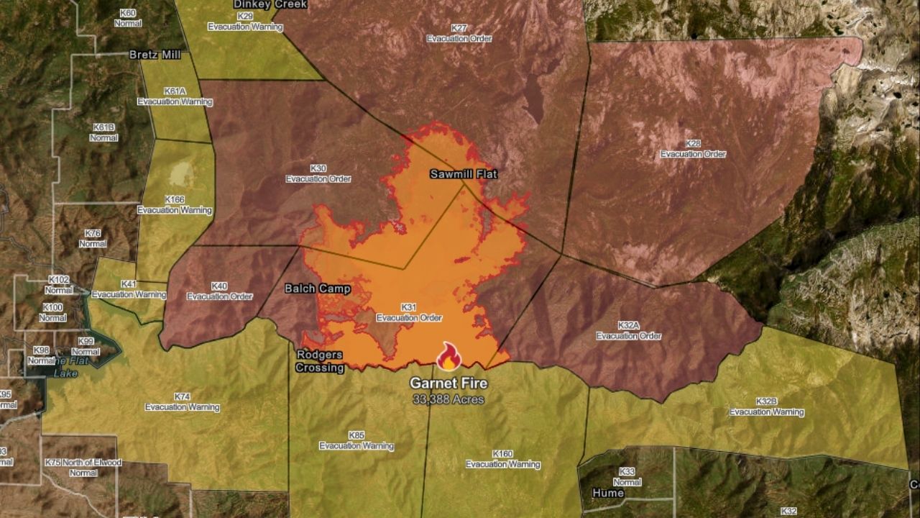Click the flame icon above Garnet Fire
(x=448, y=356)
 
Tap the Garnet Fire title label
(x=448, y=383)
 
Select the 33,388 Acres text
(x=448, y=399)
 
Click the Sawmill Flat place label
(x=464, y=174)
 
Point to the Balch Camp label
(x=318, y=288)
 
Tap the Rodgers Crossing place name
(x=320, y=361)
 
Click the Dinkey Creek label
(x=270, y=4)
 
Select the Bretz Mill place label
(x=155, y=55)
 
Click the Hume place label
(x=608, y=493)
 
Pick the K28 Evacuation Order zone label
(x=693, y=149)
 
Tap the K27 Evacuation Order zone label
(x=459, y=33)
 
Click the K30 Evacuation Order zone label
(x=318, y=173)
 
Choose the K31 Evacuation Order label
(x=409, y=312)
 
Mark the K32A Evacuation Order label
(x=628, y=331)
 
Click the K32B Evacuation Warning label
(x=767, y=406)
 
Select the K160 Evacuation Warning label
(x=502, y=459)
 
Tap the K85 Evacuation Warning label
(x=356, y=440)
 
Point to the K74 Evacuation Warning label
(x=183, y=401)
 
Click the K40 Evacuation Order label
(x=219, y=291)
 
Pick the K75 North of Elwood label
(x=83, y=468)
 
